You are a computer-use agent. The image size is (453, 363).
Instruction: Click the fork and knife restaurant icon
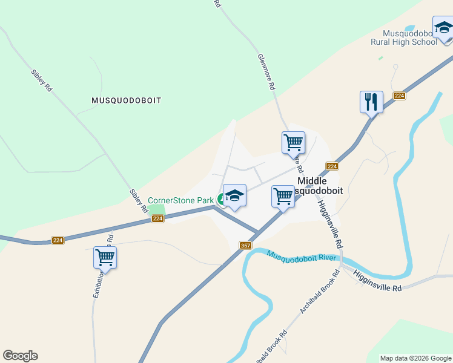point(371,102)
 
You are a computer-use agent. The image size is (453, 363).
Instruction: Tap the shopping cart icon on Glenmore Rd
point(293,143)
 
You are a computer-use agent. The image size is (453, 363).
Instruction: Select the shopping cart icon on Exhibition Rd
point(105,258)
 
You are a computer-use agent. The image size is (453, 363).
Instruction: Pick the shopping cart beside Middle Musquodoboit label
point(283,197)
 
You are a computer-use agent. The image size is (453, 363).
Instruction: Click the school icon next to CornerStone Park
point(234,196)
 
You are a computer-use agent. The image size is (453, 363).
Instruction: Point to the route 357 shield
point(245,245)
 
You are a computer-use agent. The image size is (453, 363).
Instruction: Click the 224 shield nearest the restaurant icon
point(399,96)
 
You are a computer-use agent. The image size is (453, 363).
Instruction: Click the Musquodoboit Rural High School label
point(404,38)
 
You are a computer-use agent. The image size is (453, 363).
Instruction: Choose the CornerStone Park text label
point(181,200)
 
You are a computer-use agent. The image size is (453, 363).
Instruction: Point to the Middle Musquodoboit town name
point(320,186)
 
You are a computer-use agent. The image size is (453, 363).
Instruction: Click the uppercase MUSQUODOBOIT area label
point(127,100)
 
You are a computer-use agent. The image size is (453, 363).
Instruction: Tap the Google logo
point(20,356)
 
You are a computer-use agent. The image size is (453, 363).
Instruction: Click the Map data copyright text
point(415,358)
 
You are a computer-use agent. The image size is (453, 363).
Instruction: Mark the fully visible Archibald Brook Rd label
point(317,296)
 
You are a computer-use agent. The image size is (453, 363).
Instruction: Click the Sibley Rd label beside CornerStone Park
point(139,200)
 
